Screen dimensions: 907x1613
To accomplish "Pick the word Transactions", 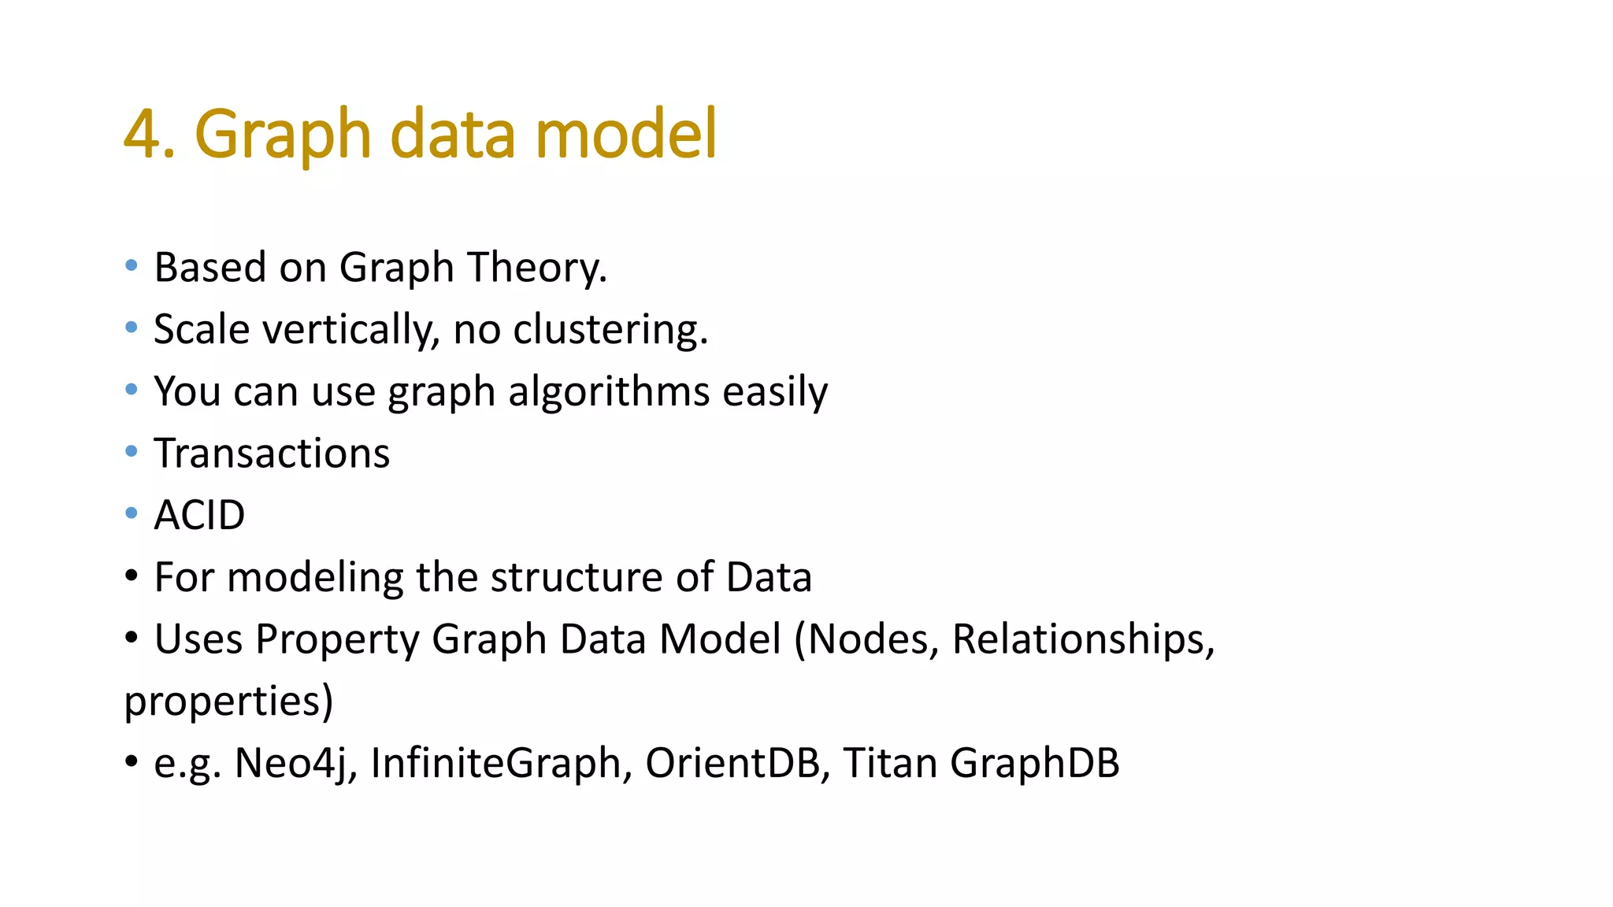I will pyautogui.click(x=272, y=453).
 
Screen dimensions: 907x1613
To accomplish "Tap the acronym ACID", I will pyautogui.click(x=199, y=516).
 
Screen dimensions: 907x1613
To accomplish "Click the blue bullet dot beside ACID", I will pyautogui.click(x=132, y=514).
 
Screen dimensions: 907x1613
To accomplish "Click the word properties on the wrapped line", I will pyautogui.click(x=228, y=701).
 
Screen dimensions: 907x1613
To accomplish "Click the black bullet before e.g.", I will pyautogui.click(x=132, y=761).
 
